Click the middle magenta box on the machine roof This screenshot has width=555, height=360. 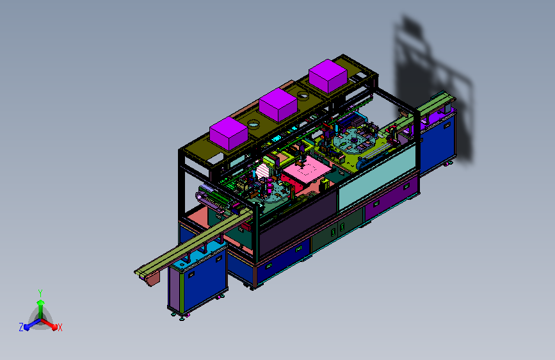pos(278,105)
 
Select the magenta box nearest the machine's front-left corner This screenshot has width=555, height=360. pos(229,134)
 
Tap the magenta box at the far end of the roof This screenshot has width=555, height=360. pos(328,76)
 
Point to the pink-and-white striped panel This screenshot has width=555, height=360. pos(262,171)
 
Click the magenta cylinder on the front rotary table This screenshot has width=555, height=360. pos(269,186)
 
